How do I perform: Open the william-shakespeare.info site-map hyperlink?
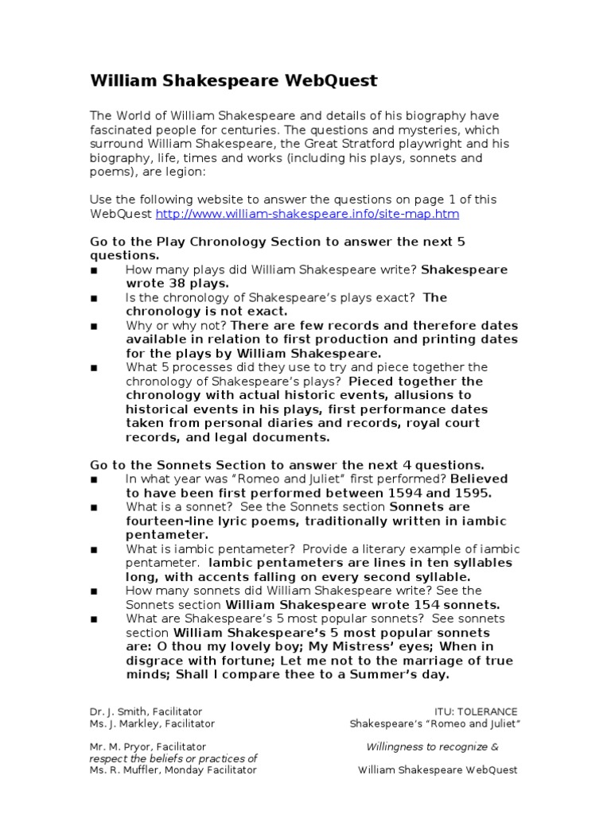[x=307, y=215]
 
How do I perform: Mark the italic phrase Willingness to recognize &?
[x=432, y=747]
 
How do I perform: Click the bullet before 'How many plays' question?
[x=94, y=270]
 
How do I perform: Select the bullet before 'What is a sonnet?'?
[x=94, y=507]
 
